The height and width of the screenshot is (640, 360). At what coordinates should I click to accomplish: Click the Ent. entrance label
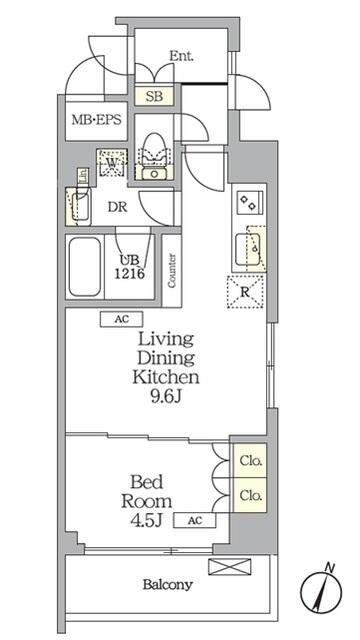[x=181, y=57]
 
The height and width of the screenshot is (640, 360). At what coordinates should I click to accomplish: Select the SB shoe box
[x=155, y=96]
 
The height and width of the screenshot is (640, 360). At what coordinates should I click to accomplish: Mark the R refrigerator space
[x=245, y=294]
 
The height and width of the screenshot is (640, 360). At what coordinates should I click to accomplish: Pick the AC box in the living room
[x=121, y=319]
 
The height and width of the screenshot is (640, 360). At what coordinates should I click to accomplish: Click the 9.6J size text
[x=165, y=396]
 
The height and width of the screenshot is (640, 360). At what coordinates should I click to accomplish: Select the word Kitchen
[x=166, y=377]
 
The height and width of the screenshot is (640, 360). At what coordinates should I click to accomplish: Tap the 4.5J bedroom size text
[x=147, y=519]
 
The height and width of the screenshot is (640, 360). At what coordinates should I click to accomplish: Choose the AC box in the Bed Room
[x=195, y=520]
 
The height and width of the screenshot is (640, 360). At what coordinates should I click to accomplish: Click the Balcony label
[x=166, y=585]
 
